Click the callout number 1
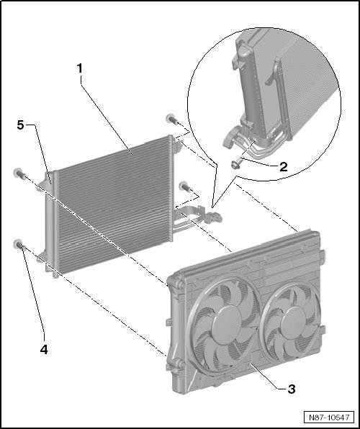[80, 68]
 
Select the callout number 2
[284, 166]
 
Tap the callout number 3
[292, 389]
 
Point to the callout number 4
[44, 349]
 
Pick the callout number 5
[21, 125]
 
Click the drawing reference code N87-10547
[329, 417]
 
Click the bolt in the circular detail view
[235, 164]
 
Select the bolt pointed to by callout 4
[20, 244]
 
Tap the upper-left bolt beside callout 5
[20, 173]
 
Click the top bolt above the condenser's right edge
[173, 119]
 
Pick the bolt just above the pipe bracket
[186, 186]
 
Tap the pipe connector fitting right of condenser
[215, 217]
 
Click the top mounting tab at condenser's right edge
[177, 146]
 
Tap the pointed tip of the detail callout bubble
[212, 207]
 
